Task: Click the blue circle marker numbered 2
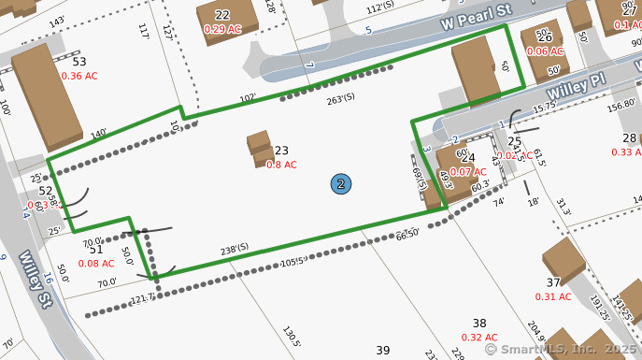click(342, 184)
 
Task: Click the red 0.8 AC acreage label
click(281, 165)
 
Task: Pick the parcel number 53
click(78, 62)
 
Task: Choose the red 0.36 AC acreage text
click(79, 76)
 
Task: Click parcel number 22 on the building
click(221, 15)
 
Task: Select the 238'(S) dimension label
click(234, 248)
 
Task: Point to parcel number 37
click(553, 282)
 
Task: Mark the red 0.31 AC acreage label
click(553, 296)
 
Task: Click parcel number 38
click(479, 323)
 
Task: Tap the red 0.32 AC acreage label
click(478, 338)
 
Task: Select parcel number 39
click(382, 350)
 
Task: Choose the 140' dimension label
click(99, 134)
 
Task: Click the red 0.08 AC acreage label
click(95, 263)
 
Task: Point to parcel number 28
click(630, 138)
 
